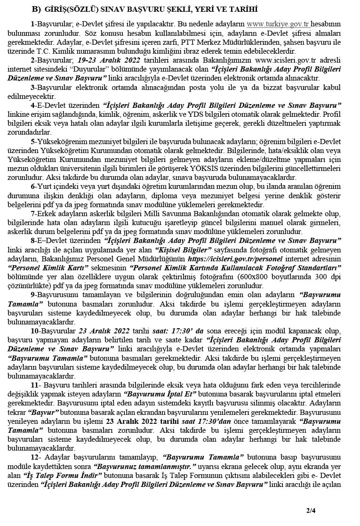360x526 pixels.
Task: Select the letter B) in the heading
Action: click(36, 9)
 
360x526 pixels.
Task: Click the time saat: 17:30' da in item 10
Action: click(174, 330)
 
